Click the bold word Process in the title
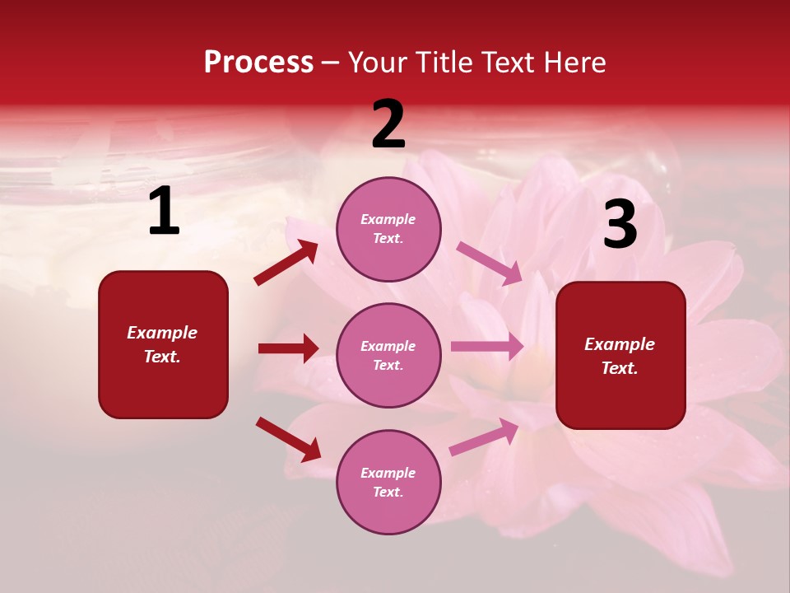tap(258, 63)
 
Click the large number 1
tap(164, 212)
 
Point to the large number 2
tap(388, 124)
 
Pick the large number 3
tap(620, 225)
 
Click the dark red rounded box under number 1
tap(163, 344)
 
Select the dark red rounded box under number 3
tap(620, 355)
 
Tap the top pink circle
tap(388, 229)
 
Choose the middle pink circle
tap(388, 355)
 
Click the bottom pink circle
tap(388, 482)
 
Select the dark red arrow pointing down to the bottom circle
tap(288, 439)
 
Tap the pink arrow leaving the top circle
tap(490, 263)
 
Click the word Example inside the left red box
tap(162, 333)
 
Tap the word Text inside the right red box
tap(620, 368)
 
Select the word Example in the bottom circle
tap(388, 473)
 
